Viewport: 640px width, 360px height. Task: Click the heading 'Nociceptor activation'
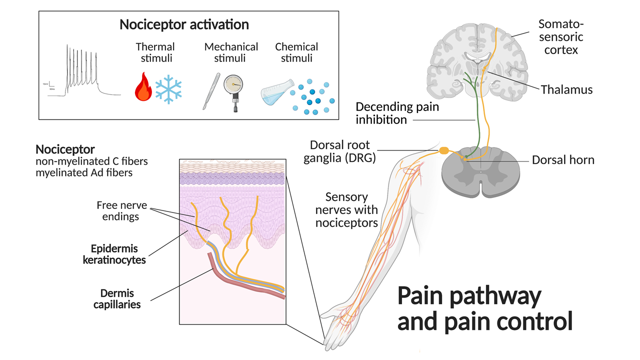(x=184, y=24)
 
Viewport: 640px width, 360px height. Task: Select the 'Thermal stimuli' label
(x=155, y=52)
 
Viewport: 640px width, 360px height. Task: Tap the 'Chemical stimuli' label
(x=296, y=52)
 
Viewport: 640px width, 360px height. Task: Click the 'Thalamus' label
(x=566, y=90)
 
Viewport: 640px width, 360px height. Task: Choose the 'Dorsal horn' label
(x=563, y=160)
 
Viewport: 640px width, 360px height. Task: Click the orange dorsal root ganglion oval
(x=444, y=150)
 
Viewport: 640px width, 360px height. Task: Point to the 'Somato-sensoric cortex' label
(x=560, y=36)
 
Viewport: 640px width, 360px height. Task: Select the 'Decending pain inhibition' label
(x=390, y=113)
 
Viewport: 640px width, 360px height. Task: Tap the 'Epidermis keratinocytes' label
(x=114, y=254)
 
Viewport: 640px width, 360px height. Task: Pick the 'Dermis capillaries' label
(x=116, y=298)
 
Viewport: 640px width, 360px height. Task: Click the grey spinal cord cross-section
(x=480, y=175)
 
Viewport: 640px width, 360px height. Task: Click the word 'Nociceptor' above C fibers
(x=65, y=149)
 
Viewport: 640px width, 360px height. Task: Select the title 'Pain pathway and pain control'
(x=484, y=309)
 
